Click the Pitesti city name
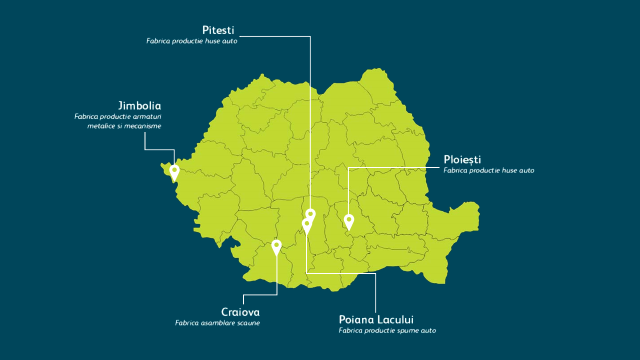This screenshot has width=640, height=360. click(218, 30)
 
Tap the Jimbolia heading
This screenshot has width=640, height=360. click(139, 106)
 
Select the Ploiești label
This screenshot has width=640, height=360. click(462, 159)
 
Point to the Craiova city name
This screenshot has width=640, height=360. click(240, 312)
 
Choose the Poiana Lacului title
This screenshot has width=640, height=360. click(376, 319)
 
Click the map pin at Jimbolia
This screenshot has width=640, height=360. click(174, 171)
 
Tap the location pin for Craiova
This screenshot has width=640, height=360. click(276, 246)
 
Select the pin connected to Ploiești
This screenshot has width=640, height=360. click(349, 220)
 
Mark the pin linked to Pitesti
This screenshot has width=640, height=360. click(310, 214)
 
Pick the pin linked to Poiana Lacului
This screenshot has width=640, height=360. click(306, 224)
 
